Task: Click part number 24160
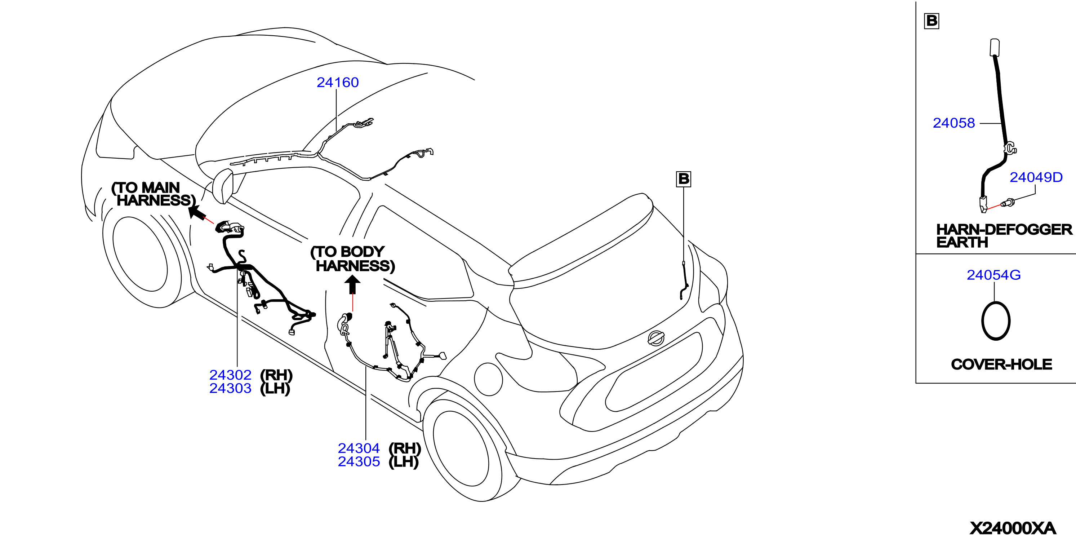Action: coord(338,82)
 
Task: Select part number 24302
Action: coord(230,375)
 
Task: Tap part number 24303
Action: coord(230,388)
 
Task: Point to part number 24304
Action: coord(359,448)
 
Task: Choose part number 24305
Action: coord(359,461)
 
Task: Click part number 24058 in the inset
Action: coord(953,123)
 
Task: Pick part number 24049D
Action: coord(1036,177)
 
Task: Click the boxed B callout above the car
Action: coord(683,179)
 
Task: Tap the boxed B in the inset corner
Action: coord(932,21)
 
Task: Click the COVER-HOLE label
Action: coord(1001,364)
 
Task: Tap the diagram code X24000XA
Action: coord(1013,528)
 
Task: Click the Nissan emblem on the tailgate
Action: coord(656,338)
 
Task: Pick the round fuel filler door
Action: coord(488,379)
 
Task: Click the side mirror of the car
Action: coord(222,186)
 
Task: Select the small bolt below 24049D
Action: coord(1008,204)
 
